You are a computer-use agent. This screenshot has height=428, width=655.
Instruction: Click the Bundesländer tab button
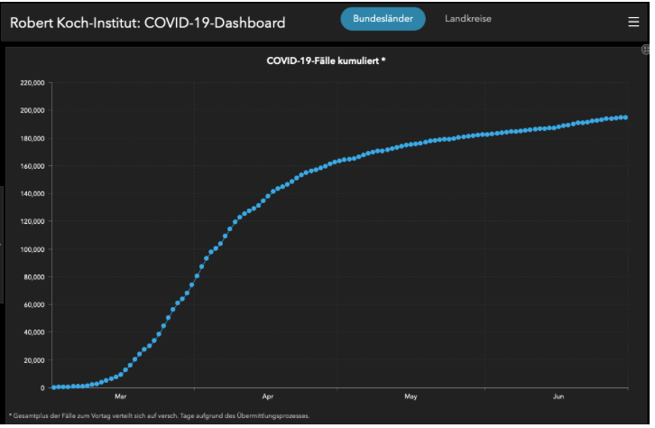[x=383, y=19]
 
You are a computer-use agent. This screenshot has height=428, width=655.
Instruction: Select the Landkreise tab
[x=468, y=19]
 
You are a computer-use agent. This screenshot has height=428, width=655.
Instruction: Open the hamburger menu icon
[x=633, y=22]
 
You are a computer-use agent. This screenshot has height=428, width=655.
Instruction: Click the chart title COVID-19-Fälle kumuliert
[x=327, y=60]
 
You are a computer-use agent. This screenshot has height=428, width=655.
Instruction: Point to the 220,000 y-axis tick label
[x=32, y=83]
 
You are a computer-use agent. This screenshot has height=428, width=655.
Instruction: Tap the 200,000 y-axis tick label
[x=32, y=111]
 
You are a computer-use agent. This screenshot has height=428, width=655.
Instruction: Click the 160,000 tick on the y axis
[x=32, y=166]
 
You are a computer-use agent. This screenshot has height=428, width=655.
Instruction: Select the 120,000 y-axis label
[x=32, y=221]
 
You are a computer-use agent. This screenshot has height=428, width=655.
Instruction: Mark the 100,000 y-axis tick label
[x=32, y=249]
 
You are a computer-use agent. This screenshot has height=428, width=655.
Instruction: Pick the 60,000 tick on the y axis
[x=34, y=304]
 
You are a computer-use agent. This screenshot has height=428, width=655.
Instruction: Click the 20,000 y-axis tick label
[x=34, y=360]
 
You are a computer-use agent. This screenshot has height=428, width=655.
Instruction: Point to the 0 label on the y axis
[x=42, y=387]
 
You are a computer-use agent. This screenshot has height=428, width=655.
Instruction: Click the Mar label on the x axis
[x=121, y=396]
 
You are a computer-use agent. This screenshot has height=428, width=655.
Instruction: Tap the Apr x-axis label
[x=268, y=396]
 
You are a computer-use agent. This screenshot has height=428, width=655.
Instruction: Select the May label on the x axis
[x=411, y=396]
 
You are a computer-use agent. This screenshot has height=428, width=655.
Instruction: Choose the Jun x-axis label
[x=558, y=396]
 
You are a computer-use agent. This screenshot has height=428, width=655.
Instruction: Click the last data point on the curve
[x=625, y=117]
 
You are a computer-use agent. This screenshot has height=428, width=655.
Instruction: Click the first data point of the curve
[x=54, y=387]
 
